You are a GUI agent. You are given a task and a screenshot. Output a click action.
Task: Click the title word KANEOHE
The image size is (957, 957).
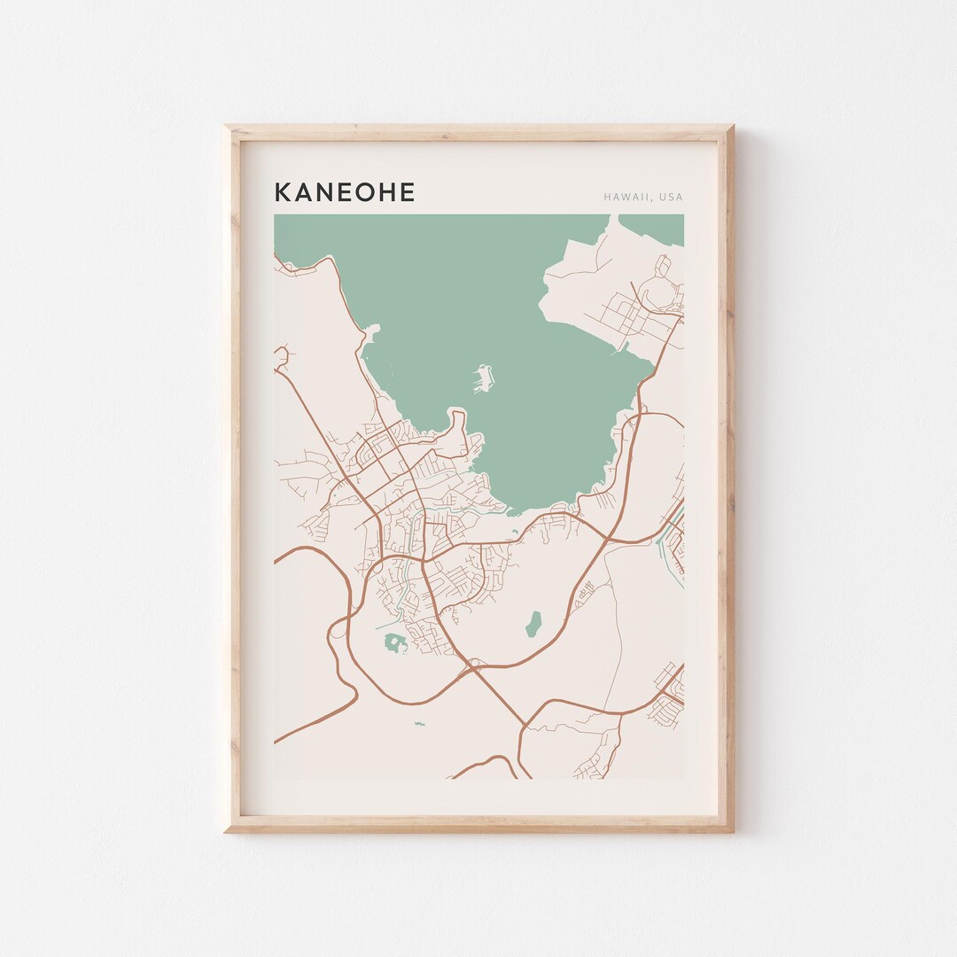(x=344, y=192)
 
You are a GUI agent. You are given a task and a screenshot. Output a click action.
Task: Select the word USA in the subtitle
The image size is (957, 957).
(x=671, y=197)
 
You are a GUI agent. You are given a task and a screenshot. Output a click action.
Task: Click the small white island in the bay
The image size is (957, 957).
(x=483, y=378)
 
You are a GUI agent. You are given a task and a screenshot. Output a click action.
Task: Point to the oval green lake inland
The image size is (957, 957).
(x=533, y=624)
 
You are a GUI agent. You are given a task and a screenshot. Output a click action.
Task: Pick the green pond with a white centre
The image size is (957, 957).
(x=393, y=643)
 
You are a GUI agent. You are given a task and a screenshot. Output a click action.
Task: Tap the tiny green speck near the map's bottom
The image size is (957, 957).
(x=418, y=724)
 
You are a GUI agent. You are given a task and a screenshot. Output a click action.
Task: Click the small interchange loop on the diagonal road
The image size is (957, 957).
(x=474, y=662)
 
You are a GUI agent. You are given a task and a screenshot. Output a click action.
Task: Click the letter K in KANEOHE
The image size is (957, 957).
(x=282, y=192)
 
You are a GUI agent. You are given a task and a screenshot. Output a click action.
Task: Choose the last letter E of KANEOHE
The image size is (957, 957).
(x=408, y=192)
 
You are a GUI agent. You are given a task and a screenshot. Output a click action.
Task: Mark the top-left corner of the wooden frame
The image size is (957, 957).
(x=225, y=127)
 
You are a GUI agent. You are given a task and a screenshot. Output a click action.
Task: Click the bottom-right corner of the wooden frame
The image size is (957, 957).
(x=733, y=831)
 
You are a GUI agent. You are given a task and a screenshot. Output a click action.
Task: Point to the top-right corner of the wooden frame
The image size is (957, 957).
(x=733, y=127)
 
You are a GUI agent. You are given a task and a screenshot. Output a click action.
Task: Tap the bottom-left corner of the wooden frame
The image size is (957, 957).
(x=225, y=831)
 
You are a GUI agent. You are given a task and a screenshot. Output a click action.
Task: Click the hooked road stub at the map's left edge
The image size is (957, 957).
(x=282, y=356)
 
